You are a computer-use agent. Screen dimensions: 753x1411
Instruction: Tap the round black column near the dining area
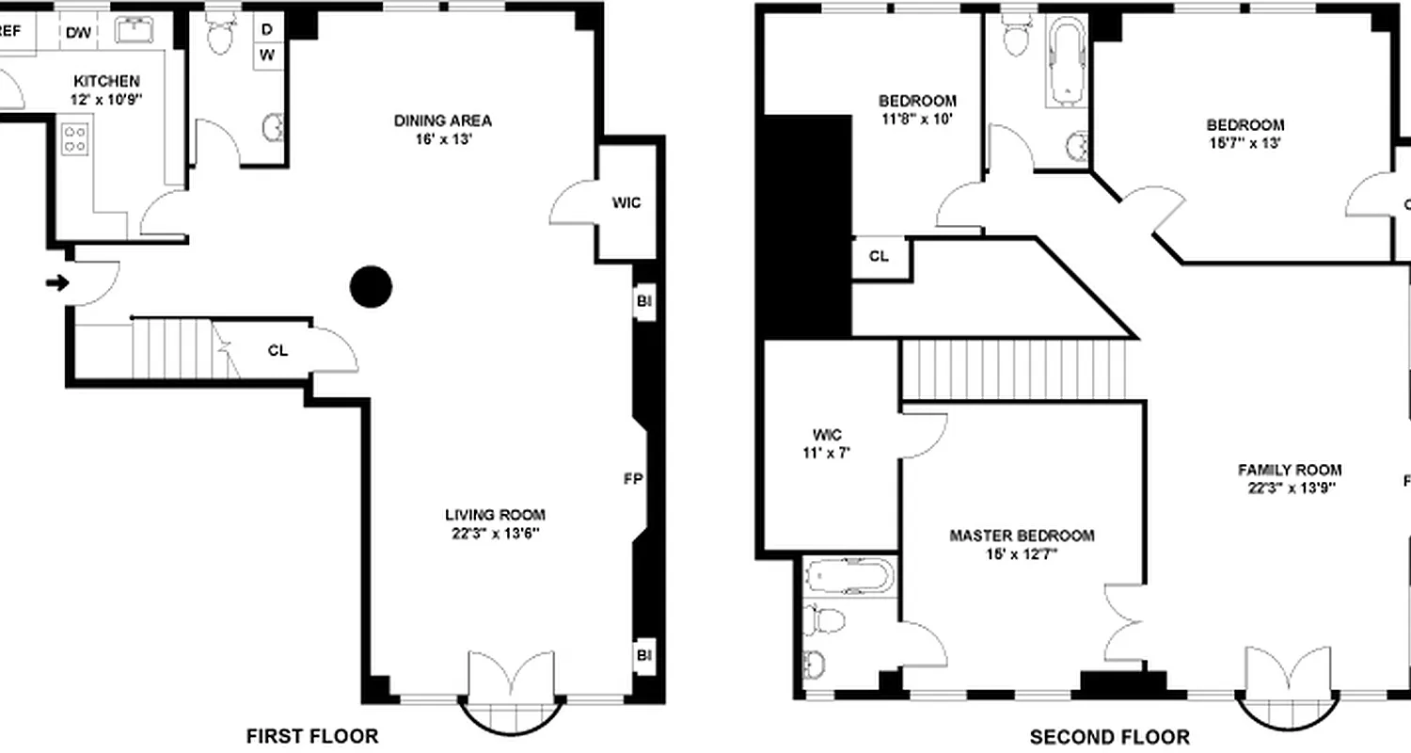click(371, 287)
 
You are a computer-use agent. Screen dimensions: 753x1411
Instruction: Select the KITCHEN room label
click(106, 82)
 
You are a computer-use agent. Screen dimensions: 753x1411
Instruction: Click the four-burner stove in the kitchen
click(75, 139)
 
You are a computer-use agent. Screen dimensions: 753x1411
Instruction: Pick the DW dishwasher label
click(78, 33)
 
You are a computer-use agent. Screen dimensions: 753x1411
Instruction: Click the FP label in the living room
click(632, 479)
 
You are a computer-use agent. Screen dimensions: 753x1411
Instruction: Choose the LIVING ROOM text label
click(495, 515)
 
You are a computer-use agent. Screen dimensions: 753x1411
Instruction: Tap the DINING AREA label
click(442, 120)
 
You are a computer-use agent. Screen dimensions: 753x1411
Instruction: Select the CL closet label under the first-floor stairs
click(277, 351)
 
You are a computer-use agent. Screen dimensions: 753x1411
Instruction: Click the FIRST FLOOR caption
click(312, 736)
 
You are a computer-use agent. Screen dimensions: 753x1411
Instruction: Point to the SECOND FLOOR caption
click(1109, 737)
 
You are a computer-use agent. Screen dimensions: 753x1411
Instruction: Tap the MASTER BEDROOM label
click(1022, 536)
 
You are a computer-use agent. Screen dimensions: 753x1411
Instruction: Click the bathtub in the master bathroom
click(848, 576)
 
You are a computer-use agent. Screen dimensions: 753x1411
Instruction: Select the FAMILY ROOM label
click(1289, 470)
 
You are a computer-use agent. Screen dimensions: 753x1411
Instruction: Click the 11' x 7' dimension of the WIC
click(826, 452)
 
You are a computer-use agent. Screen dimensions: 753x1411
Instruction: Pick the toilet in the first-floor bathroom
click(221, 36)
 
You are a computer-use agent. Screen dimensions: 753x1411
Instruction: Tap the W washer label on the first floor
click(267, 55)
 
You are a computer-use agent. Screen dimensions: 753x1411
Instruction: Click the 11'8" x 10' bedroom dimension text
click(917, 119)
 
